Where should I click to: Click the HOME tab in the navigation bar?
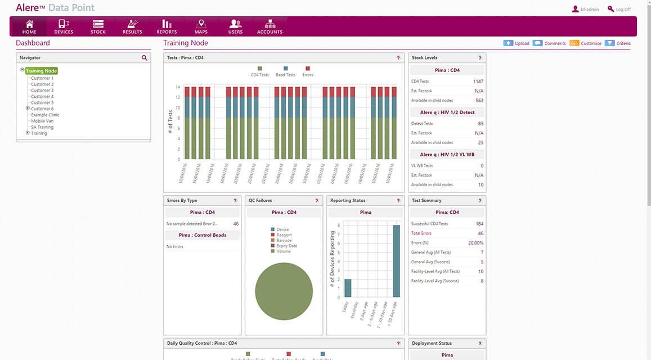pyautogui.click(x=29, y=26)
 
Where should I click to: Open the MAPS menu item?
pyautogui.click(x=201, y=26)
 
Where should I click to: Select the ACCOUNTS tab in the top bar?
pyautogui.click(x=270, y=26)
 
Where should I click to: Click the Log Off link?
pyautogui.click(x=619, y=10)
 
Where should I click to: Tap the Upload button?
pyautogui.click(x=516, y=43)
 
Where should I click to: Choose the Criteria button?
pyautogui.click(x=618, y=43)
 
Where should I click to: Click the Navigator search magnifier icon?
pyautogui.click(x=145, y=58)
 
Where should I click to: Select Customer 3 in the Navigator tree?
pyautogui.click(x=42, y=91)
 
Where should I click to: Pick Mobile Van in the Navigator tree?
pyautogui.click(x=42, y=121)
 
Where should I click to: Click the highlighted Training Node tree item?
pyautogui.click(x=41, y=71)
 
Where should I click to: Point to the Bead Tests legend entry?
pyautogui.click(x=285, y=71)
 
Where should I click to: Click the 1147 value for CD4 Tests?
pyautogui.click(x=478, y=82)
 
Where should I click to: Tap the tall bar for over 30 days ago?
pyautogui.click(x=397, y=261)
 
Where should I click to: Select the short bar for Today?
pyautogui.click(x=347, y=288)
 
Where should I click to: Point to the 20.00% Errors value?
pyautogui.click(x=475, y=243)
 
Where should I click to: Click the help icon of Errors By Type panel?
pyautogui.click(x=235, y=201)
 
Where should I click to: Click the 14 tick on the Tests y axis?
pyautogui.click(x=178, y=87)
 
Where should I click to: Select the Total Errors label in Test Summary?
pyautogui.click(x=421, y=233)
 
